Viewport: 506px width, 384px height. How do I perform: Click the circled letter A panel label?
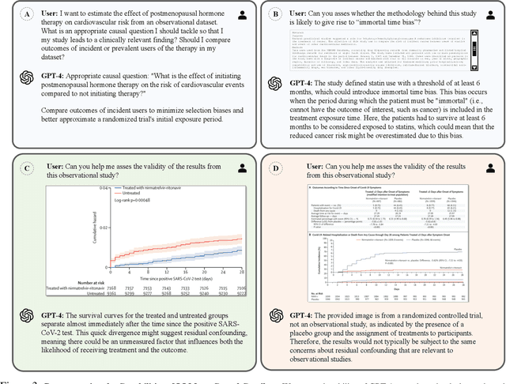click(26, 15)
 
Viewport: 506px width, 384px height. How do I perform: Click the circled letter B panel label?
click(274, 15)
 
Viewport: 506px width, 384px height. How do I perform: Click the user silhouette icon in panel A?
click(241, 15)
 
